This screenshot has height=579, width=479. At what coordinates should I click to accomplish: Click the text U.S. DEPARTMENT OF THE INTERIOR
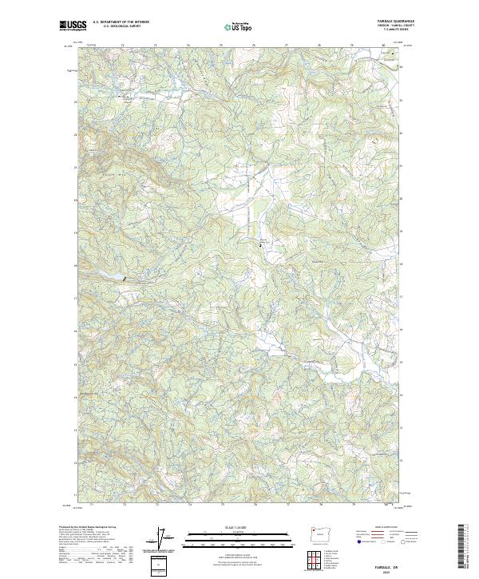click(121, 22)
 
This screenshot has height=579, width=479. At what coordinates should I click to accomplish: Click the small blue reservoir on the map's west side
click(114, 276)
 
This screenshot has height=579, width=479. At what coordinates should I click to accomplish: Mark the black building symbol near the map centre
click(259, 247)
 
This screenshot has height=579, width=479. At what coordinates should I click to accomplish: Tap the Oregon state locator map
click(315, 533)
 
